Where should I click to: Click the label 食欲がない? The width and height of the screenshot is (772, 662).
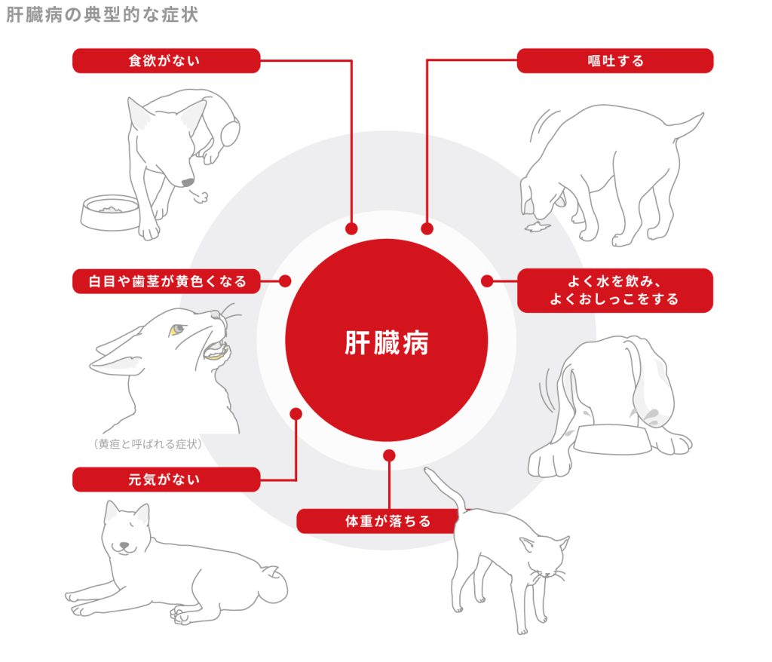[x=166, y=61]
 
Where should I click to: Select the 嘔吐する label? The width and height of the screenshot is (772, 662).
[x=614, y=61]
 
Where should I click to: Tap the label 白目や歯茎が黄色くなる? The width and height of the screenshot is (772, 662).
[x=167, y=282]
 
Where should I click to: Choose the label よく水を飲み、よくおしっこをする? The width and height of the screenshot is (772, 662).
[x=614, y=290]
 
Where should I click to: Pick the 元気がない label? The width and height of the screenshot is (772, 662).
[x=166, y=479]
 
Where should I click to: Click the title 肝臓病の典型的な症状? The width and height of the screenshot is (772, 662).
[x=103, y=15]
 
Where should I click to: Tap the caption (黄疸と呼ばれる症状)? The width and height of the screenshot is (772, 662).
[x=148, y=444]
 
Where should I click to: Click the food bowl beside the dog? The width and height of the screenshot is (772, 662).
[x=110, y=211]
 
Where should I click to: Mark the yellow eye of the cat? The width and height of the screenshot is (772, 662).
[x=176, y=329]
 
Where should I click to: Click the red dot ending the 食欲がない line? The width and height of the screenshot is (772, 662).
[x=351, y=228]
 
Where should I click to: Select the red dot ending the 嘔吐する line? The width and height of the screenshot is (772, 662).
[x=427, y=228]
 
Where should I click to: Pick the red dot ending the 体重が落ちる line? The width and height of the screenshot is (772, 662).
[x=389, y=456]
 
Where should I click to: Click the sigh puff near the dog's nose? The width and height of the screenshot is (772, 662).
[x=200, y=198]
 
